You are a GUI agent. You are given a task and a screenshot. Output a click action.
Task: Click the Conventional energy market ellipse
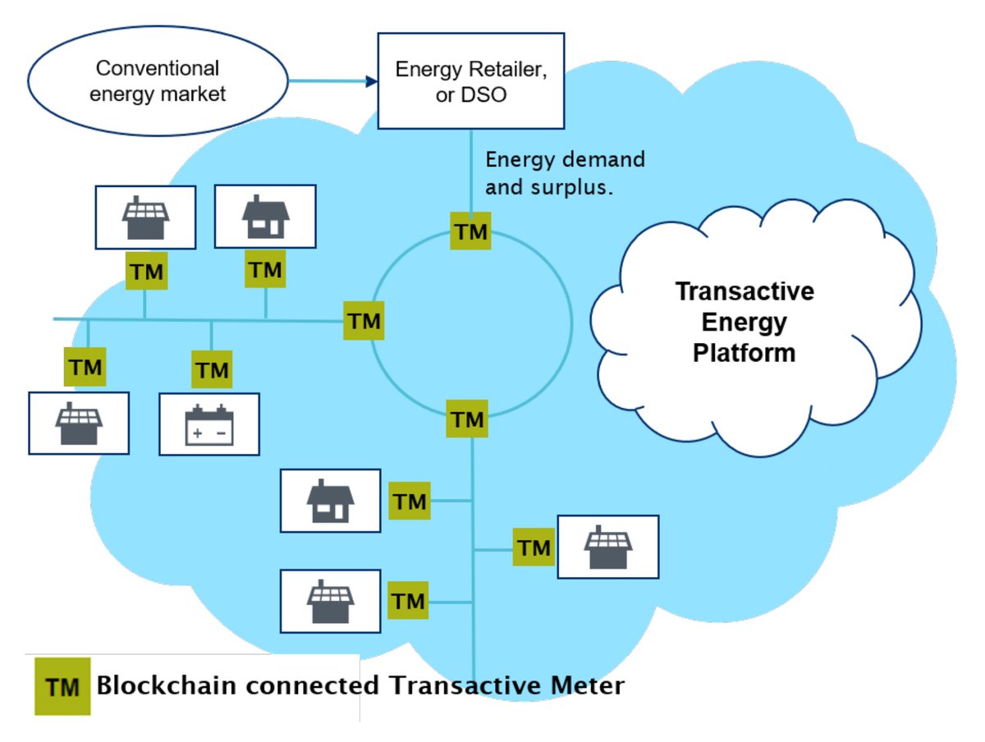[158, 81]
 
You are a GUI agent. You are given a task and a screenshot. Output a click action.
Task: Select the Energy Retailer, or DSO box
[470, 80]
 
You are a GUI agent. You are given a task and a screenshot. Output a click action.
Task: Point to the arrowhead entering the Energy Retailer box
[372, 81]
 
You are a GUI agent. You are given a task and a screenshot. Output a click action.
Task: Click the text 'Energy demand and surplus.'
[565, 173]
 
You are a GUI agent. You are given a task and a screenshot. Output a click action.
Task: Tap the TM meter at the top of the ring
[470, 231]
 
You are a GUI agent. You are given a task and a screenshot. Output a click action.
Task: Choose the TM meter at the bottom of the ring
[468, 420]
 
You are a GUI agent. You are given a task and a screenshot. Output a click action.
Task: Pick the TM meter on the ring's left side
[364, 321]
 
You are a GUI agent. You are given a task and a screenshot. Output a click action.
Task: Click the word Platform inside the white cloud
[744, 353]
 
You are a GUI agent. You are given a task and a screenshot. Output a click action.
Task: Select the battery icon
[209, 424]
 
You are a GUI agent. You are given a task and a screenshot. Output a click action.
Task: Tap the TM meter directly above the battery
[212, 370]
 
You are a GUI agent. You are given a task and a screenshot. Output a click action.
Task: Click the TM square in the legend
[62, 686]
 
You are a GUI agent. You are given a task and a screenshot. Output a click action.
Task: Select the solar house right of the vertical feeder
[608, 547]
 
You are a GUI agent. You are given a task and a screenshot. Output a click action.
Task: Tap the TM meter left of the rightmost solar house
[534, 547]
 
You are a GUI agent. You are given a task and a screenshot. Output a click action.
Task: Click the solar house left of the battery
[79, 424]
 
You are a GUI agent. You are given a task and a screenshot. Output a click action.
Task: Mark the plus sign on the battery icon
[197, 432]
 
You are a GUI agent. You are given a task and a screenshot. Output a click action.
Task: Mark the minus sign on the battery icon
[222, 432]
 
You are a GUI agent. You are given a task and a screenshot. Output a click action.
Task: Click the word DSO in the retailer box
[489, 94]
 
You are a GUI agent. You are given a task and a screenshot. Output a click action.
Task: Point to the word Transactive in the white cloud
[744, 292]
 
